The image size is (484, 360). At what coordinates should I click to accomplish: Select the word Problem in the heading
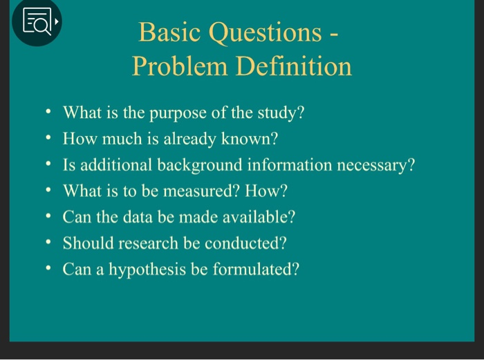point(179,66)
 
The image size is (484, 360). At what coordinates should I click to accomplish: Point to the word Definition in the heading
point(294,66)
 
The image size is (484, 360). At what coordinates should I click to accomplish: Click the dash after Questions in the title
point(333,33)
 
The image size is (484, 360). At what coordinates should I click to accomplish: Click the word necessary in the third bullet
point(376,165)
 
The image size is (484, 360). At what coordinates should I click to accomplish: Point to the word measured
point(196,191)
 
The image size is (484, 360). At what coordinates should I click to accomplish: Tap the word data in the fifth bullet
point(135,217)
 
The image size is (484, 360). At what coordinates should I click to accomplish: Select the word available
point(259,217)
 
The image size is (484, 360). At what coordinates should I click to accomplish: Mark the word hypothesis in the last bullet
point(143,269)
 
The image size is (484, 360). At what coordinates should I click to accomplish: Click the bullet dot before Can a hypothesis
point(47,269)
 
